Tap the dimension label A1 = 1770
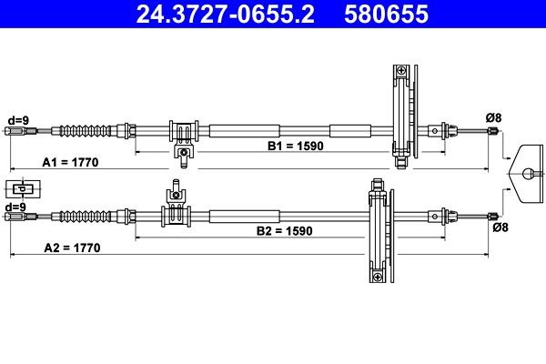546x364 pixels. [x=71, y=161]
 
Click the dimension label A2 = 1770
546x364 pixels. [x=71, y=248]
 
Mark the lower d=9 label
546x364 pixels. [x=15, y=207]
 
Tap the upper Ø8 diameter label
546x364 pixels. [x=494, y=116]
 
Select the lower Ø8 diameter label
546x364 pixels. [x=500, y=228]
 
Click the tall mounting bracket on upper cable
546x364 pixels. [x=400, y=114]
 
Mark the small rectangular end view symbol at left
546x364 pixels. [x=23, y=189]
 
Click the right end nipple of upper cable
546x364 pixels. [x=493, y=132]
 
